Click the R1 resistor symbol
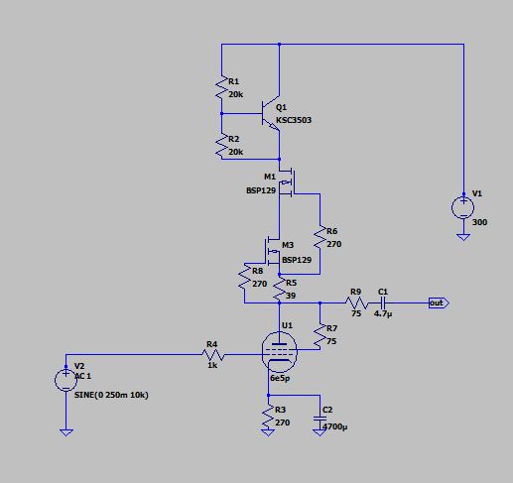tap(221, 86)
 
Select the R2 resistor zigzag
tap(221, 145)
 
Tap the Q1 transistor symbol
tap(271, 113)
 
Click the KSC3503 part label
tap(294, 120)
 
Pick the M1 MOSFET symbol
tap(287, 182)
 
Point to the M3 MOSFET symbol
tap(272, 252)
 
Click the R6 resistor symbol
tap(320, 237)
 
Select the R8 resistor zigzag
tap(245, 276)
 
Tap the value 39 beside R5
tap(291, 296)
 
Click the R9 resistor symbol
tap(356, 302)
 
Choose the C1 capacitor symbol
tap(383, 302)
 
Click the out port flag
tap(439, 302)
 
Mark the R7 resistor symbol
tap(320, 336)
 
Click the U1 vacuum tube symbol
tap(280, 352)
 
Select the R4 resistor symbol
tap(213, 355)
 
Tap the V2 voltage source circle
tap(65, 380)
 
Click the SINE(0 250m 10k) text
tap(111, 395)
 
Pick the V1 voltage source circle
tap(463, 207)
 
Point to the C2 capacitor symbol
tap(320, 419)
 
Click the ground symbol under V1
tap(463, 237)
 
